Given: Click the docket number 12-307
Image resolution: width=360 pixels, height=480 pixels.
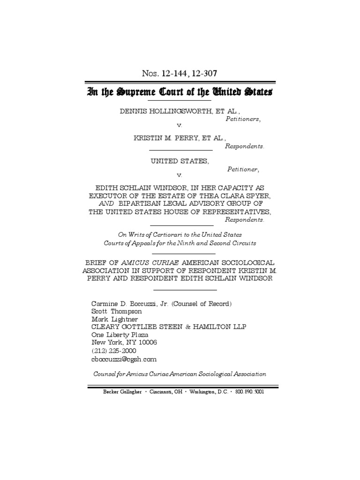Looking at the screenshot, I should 203,73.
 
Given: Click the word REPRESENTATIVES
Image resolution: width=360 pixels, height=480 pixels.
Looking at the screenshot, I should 233,211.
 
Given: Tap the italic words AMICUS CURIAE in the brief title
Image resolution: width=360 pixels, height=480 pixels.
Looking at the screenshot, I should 145,262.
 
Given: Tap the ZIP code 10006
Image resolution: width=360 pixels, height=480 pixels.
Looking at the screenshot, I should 146,343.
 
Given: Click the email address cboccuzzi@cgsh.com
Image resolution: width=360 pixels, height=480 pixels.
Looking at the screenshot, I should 124,359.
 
